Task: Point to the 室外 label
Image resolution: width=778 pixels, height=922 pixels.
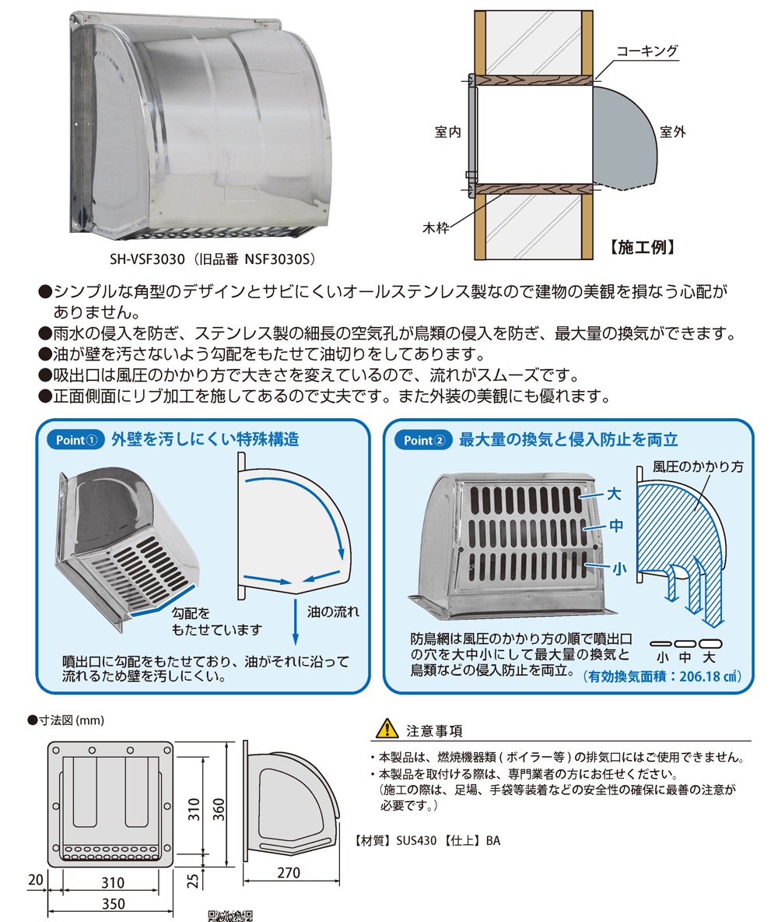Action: click(671, 132)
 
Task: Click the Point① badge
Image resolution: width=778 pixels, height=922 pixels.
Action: click(75, 440)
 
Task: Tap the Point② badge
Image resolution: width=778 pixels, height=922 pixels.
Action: click(423, 440)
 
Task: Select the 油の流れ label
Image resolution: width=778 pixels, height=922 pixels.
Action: click(333, 611)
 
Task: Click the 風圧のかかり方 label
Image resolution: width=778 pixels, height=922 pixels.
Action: click(698, 466)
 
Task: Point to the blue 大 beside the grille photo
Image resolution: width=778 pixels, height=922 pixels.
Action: click(614, 494)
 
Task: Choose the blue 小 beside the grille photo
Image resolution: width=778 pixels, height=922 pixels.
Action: click(618, 568)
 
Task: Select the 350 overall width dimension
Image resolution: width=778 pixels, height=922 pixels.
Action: click(114, 903)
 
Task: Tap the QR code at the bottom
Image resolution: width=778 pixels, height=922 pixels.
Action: click(230, 916)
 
